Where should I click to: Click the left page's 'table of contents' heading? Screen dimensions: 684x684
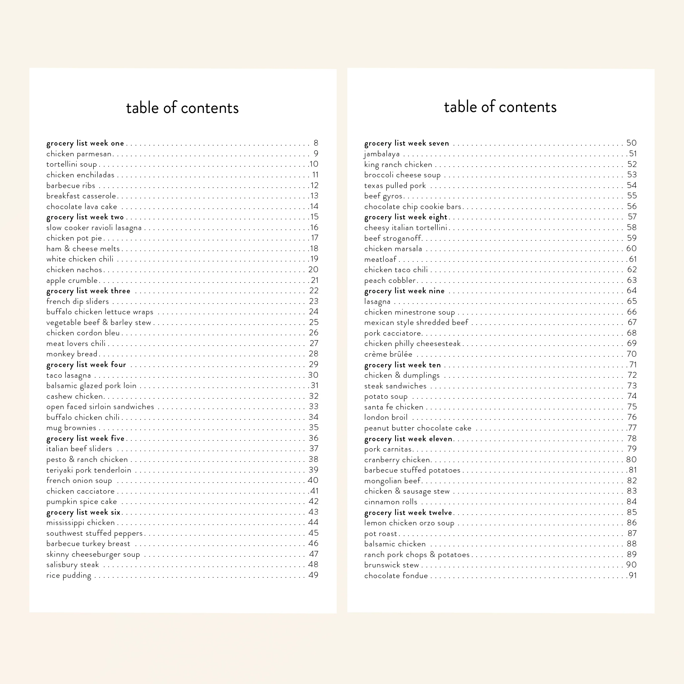(182, 108)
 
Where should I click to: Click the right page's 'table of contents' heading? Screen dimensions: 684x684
(500, 107)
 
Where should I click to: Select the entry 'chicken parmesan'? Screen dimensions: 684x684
(79, 154)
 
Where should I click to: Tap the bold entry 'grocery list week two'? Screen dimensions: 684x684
(85, 217)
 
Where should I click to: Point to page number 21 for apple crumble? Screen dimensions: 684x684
(315, 280)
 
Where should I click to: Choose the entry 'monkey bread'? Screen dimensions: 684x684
(72, 354)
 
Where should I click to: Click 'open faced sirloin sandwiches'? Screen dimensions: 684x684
(100, 407)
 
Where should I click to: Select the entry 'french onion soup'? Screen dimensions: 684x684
(79, 480)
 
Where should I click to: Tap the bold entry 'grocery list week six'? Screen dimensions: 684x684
(83, 512)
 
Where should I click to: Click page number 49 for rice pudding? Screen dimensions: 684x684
(313, 575)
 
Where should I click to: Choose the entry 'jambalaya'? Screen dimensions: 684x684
(382, 154)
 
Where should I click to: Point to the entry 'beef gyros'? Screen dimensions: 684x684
(383, 196)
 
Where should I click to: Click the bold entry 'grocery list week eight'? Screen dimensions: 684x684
(406, 217)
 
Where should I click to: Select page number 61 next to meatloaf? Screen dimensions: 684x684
(633, 259)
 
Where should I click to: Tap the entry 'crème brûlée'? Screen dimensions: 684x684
(388, 354)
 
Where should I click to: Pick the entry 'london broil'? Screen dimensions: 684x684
(385, 417)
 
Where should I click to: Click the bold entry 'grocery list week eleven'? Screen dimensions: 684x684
(408, 439)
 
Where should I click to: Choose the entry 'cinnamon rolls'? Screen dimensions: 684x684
(390, 502)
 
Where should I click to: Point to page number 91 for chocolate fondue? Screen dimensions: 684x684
(633, 576)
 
